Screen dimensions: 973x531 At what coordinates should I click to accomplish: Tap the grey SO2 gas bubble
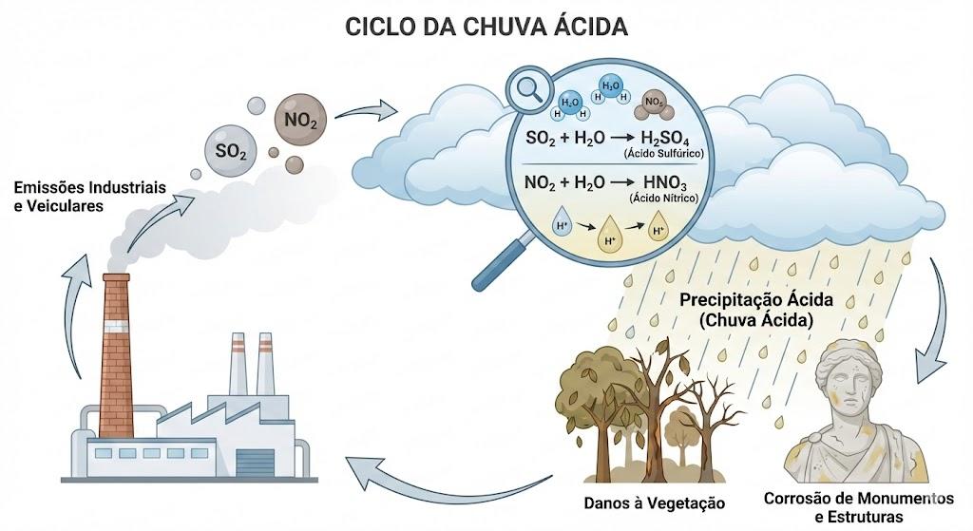tap(231, 149)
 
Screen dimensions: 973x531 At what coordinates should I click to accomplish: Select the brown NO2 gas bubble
tap(300, 120)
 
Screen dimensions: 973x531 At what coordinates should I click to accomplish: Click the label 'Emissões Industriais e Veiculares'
tap(90, 196)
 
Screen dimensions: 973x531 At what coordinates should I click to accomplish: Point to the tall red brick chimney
tap(116, 355)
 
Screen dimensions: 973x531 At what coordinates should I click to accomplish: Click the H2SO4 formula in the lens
tap(664, 138)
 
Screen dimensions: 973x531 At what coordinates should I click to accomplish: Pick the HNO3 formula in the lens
tap(664, 182)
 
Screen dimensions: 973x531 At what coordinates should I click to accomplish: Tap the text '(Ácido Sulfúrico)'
tap(664, 154)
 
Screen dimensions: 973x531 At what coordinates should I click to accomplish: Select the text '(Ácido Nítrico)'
tap(663, 199)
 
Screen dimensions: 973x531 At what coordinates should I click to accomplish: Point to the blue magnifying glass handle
tap(501, 260)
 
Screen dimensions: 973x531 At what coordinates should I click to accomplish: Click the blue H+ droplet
tap(563, 225)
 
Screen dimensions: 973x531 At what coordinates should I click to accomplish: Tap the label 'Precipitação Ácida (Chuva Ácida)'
tap(755, 310)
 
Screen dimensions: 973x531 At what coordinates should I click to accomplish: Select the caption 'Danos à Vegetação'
tap(654, 503)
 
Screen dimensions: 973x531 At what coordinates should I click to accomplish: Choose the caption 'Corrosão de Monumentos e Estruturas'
tap(858, 507)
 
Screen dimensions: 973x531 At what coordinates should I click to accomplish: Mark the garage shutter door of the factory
tap(255, 463)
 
